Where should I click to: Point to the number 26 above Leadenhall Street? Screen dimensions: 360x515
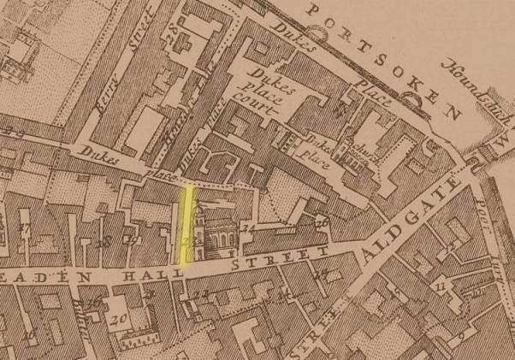(x=322, y=224)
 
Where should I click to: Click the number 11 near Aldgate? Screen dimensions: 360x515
(x=442, y=283)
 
